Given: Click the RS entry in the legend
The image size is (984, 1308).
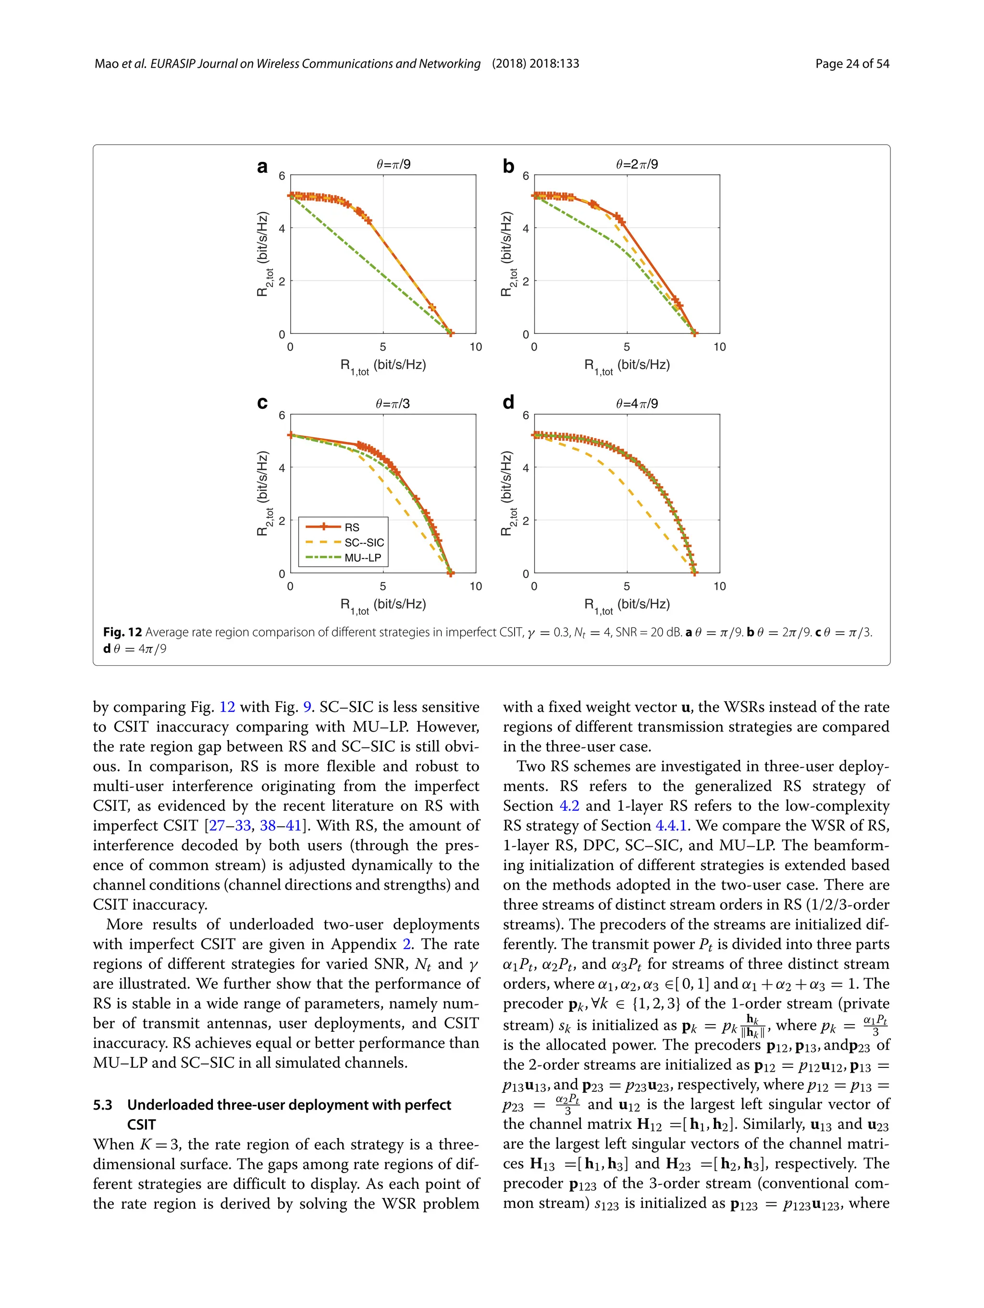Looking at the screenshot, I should pyautogui.click(x=351, y=527).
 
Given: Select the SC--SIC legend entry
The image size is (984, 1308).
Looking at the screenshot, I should pyautogui.click(x=364, y=542).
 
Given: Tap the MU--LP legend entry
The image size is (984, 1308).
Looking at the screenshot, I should pyautogui.click(x=362, y=558).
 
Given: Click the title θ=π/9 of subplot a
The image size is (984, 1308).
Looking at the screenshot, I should pyautogui.click(x=393, y=164).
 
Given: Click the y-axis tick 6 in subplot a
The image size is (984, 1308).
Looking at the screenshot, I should pyautogui.click(x=282, y=176).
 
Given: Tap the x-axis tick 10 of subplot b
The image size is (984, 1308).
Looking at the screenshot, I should pyautogui.click(x=719, y=347).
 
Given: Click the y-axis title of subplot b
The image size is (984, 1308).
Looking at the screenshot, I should pyautogui.click(x=507, y=254).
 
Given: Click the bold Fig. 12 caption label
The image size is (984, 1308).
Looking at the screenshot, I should pyautogui.click(x=123, y=632).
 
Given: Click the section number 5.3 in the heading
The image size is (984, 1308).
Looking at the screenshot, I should pyautogui.click(x=102, y=1105).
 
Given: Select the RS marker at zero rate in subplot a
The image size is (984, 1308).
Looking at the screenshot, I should pyautogui.click(x=450, y=333).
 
